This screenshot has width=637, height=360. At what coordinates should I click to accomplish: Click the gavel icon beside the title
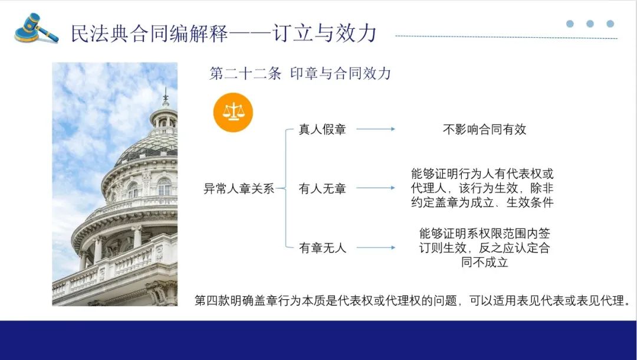36,28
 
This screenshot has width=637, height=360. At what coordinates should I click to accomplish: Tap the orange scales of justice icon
233,113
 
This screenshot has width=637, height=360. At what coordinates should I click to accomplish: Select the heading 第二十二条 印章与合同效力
300,74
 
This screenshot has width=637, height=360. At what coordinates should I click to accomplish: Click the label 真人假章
322,129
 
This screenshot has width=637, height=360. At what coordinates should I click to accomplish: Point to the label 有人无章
322,188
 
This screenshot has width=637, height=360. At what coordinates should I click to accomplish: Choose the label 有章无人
322,247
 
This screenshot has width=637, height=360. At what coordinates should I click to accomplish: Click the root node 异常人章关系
239,188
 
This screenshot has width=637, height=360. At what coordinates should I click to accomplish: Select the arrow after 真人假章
376,129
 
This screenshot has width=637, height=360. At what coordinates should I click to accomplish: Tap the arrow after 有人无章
376,188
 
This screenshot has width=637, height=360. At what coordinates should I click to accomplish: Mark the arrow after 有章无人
376,247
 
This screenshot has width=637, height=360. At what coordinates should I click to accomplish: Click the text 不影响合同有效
484,129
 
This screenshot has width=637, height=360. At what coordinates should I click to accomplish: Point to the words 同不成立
484,262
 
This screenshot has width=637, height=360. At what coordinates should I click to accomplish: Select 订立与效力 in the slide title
325,33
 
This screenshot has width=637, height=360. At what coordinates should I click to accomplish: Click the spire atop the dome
165,98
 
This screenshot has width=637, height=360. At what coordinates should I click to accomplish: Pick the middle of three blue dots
590,24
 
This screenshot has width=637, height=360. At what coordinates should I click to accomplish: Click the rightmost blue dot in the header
610,24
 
